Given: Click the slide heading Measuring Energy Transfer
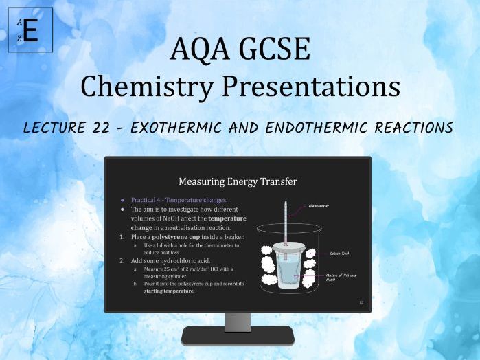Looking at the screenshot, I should click(238, 181).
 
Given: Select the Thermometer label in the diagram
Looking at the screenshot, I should click(319, 205).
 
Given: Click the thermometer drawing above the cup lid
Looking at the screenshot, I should click(285, 220).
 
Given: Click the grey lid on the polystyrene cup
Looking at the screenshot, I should click(288, 245).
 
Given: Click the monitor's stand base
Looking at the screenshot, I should click(238, 335).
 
